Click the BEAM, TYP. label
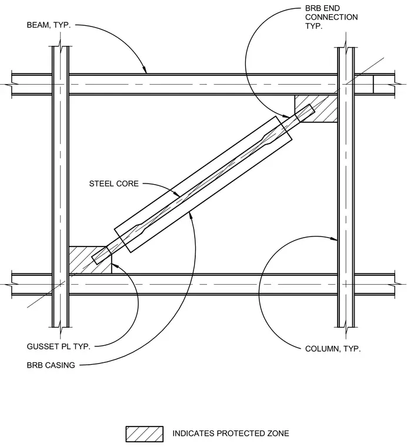point(48,25)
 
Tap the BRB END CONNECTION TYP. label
point(331,17)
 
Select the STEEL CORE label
point(114,184)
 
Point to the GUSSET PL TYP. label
point(58,346)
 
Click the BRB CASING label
point(51,365)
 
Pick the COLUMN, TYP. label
point(333,349)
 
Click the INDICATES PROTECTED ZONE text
point(231,433)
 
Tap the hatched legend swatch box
point(145,434)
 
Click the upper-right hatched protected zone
point(316,109)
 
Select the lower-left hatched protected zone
point(90,260)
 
